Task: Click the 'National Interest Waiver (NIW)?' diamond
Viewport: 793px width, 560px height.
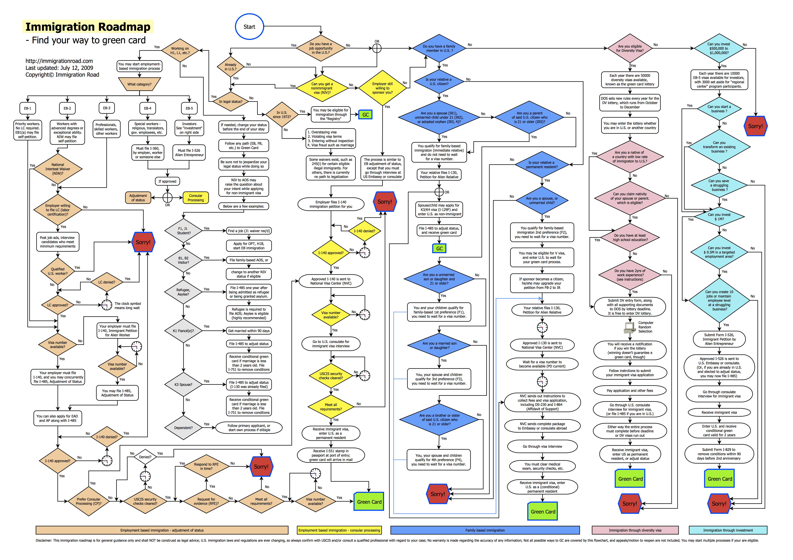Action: pos(58,169)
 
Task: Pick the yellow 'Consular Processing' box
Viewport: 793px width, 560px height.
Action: pos(195,198)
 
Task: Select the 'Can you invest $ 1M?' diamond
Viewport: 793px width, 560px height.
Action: pos(719,217)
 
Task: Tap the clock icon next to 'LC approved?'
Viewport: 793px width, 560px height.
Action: pos(107,305)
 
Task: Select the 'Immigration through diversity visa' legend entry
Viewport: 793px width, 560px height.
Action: pos(635,530)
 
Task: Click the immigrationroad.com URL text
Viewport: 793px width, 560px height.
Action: pos(59,61)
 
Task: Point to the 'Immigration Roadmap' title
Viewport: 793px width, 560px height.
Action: pos(88,26)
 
